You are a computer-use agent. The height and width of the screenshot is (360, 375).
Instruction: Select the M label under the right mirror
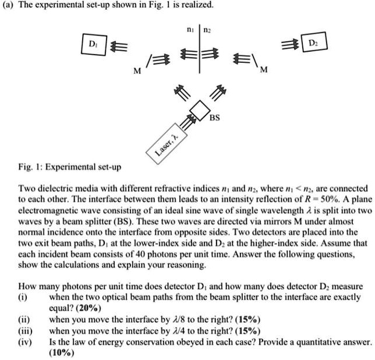click(x=264, y=71)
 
